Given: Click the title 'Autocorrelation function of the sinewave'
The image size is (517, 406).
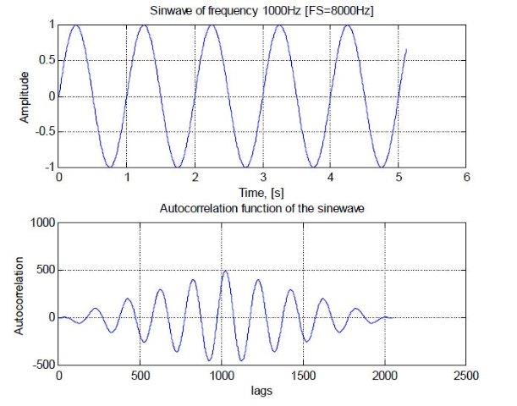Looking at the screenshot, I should [x=262, y=208].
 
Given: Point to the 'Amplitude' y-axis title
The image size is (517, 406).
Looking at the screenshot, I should [x=25, y=96].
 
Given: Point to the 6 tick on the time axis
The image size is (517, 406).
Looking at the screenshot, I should [x=466, y=178].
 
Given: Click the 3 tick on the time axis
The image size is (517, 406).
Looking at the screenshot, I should [x=262, y=178].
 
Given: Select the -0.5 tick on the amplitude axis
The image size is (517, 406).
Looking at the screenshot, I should [x=41, y=132].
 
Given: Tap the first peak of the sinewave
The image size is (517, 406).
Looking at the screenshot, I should [x=76, y=25].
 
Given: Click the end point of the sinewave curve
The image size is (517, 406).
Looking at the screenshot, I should [x=406, y=49].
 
